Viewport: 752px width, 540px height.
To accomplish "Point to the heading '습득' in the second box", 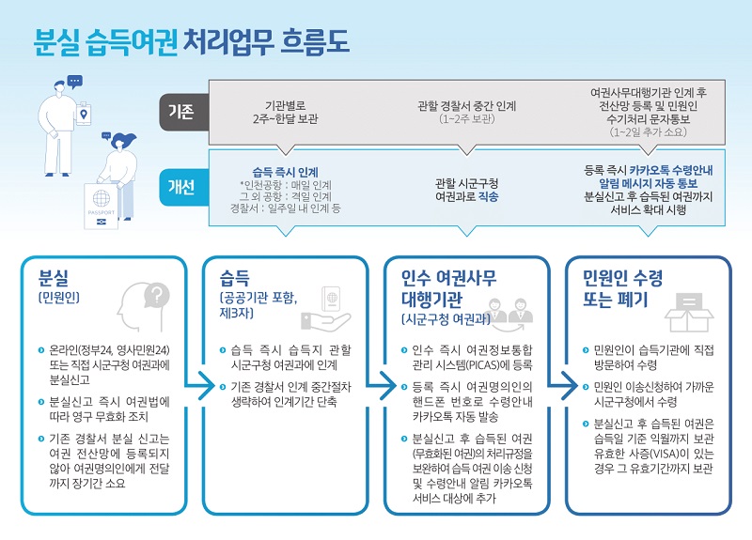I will pos(236,279).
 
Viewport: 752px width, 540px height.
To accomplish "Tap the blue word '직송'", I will pos(488,196).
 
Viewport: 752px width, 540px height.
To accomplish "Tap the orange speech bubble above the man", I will pos(76,81).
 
